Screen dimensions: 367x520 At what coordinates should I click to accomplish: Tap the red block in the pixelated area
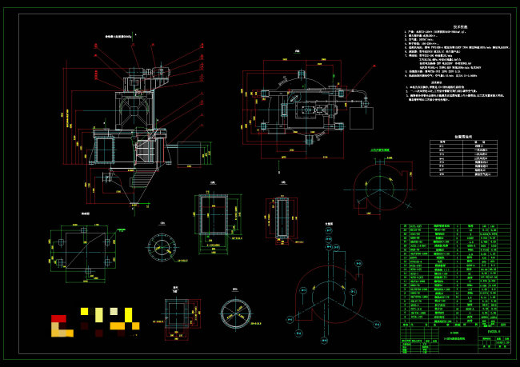click(x=58, y=318)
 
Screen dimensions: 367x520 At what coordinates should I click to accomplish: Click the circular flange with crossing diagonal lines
click(x=235, y=313)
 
